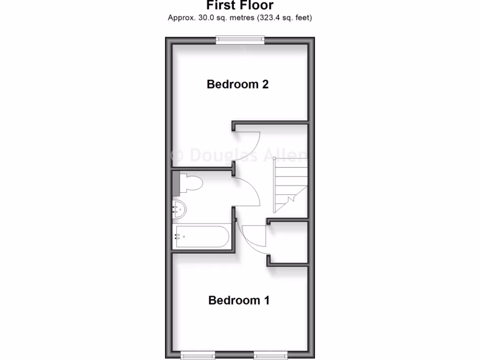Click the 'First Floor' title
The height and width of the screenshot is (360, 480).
(240, 6)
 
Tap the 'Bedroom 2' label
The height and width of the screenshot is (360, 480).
(238, 84)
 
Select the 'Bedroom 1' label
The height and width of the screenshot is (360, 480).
(239, 300)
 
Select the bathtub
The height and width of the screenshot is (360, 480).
(202, 237)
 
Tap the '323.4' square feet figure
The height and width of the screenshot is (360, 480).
(272, 18)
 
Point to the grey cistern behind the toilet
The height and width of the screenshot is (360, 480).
(176, 183)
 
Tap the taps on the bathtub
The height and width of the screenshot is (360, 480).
(177, 237)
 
